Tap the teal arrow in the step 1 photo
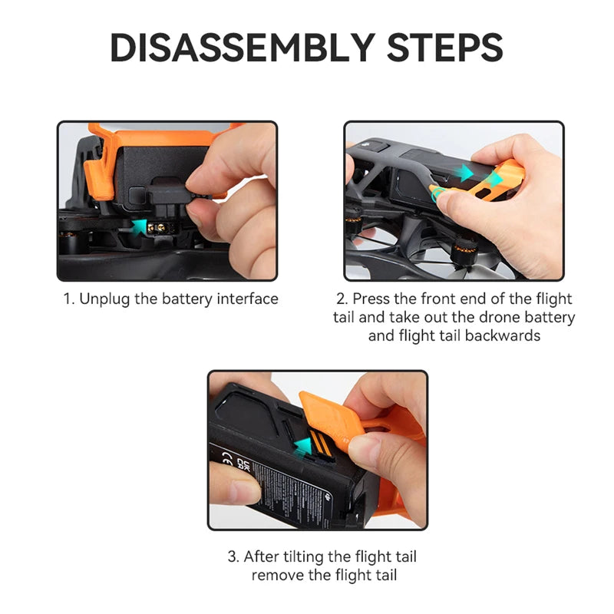(139, 225)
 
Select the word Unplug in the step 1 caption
(105, 299)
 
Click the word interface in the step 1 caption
(247, 299)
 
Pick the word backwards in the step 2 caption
(512, 335)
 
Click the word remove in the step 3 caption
(276, 575)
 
